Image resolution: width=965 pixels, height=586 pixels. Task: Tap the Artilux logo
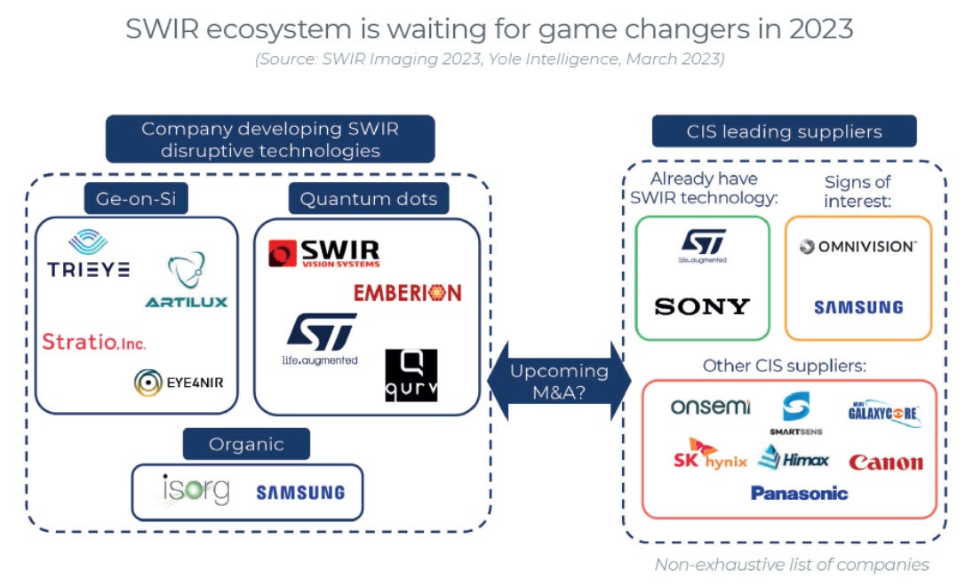[186, 281]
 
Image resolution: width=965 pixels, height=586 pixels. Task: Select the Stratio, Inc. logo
[94, 342]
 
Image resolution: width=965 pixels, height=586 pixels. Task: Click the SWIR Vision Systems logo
[324, 253]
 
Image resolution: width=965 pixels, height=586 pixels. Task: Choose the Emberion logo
[408, 292]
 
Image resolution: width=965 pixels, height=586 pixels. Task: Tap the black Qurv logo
[411, 375]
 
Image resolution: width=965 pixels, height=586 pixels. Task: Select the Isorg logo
[195, 490]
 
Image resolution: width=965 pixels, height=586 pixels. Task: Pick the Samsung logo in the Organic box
[299, 492]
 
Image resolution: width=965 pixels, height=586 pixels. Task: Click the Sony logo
[702, 306]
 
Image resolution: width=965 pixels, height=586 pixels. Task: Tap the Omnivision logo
[857, 247]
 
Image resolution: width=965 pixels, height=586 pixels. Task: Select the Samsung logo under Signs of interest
[858, 307]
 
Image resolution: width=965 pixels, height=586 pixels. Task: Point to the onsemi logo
[710, 407]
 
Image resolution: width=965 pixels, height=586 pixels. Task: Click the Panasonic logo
[799, 493]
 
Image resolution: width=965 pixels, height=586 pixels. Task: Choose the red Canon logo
[885, 462]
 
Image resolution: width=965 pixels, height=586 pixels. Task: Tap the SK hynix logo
[710, 457]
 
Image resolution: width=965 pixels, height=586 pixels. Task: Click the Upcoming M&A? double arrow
[559, 382]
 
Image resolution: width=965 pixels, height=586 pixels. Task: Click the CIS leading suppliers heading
[784, 131]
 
